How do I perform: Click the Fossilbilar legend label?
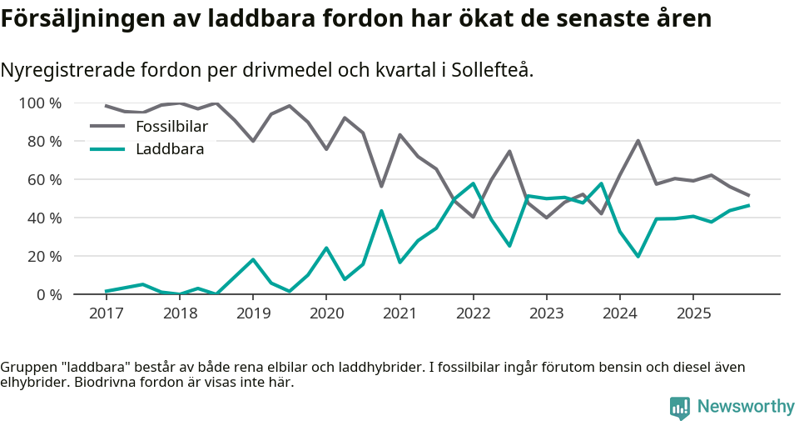point(171,127)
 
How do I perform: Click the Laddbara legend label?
point(170,149)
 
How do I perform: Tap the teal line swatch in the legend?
point(107,149)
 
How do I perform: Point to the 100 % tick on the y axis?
point(40,103)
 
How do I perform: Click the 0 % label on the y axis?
point(47,294)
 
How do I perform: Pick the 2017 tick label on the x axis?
point(106,313)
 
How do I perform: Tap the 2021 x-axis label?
point(399,313)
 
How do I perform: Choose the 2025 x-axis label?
point(693,313)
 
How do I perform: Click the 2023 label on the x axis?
point(546,313)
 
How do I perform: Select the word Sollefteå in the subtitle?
point(491,71)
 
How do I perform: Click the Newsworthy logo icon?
point(679,407)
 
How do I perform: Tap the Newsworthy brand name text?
point(746,407)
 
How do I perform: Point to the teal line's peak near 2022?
point(473,183)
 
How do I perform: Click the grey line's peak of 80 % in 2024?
point(638,140)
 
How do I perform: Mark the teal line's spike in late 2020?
point(381,210)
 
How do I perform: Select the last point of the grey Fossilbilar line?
point(749,195)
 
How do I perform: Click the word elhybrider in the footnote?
point(33,383)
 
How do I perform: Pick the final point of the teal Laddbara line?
point(749,205)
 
